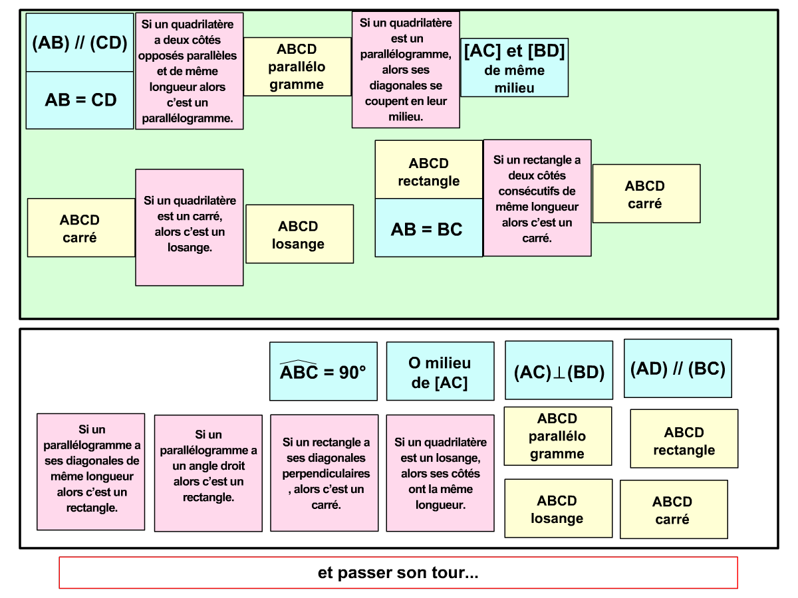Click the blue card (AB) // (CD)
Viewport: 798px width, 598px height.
pyautogui.click(x=80, y=43)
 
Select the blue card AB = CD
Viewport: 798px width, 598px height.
pyautogui.click(x=80, y=100)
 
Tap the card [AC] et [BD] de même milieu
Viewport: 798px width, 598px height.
pyautogui.click(x=514, y=68)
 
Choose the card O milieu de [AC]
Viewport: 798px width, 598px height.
pyautogui.click(x=440, y=371)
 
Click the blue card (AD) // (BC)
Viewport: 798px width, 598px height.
pyautogui.click(x=678, y=369)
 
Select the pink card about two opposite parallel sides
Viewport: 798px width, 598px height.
pyautogui.click(x=189, y=71)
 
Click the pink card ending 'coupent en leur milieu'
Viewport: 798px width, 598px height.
pyautogui.click(x=405, y=70)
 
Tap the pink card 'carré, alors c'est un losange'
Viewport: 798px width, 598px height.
pyautogui.click(x=190, y=227)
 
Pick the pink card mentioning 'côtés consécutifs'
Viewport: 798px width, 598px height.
pyautogui.click(x=537, y=198)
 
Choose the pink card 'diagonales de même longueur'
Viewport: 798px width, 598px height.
pyautogui.click(x=90, y=472)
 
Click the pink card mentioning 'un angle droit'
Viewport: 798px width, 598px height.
pyautogui.click(x=208, y=473)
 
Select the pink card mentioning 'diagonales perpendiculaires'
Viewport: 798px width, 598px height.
pyautogui.click(x=324, y=473)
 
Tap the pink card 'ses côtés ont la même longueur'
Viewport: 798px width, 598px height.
pyautogui.click(x=440, y=473)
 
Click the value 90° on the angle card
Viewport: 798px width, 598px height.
pyautogui.click(x=352, y=373)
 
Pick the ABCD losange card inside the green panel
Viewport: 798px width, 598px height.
pyautogui.click(x=299, y=234)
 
